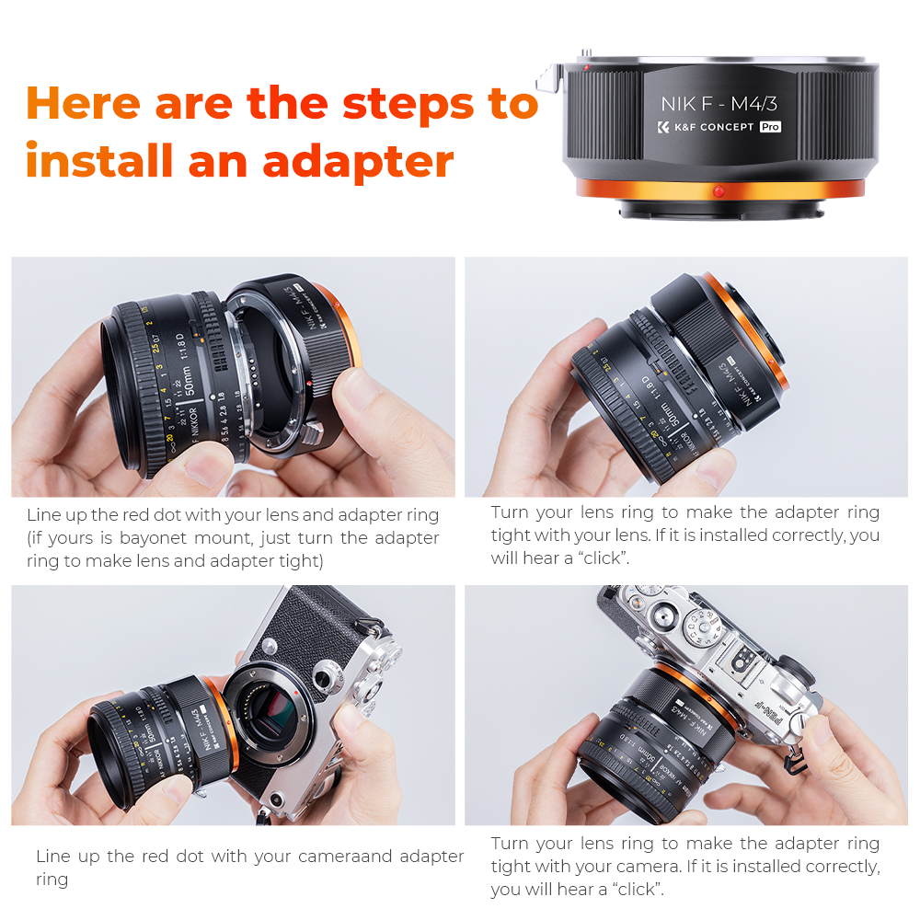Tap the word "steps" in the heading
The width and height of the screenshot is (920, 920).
pos(402,103)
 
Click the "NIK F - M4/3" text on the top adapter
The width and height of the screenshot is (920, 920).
pos(719,102)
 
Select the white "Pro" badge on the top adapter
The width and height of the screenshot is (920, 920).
pos(770,127)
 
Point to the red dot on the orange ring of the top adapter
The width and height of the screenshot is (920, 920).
pos(719,191)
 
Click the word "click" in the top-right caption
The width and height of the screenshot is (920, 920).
pos(604,558)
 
